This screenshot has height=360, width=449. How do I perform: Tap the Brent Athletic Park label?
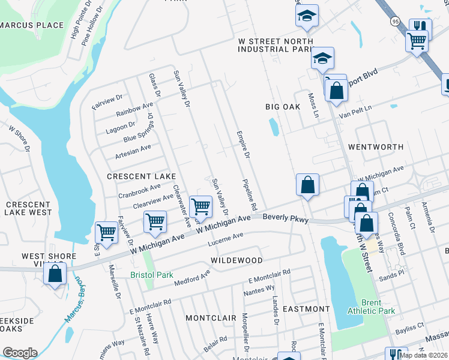[x=370, y=307]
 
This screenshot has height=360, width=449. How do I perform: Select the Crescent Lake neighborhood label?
[x=141, y=176]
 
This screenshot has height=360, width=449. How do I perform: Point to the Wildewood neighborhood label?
[x=237, y=260]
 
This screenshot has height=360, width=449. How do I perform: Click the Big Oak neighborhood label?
[x=283, y=107]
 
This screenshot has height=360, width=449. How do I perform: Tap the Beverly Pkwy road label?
[x=286, y=219]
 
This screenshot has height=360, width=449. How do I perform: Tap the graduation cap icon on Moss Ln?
[x=322, y=58]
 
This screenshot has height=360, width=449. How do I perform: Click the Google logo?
[x=20, y=353]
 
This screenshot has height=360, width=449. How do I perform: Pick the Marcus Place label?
[x=32, y=25]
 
